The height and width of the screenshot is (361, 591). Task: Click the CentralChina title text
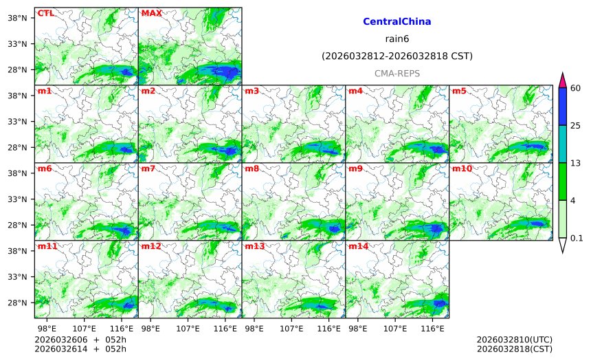tap(397, 22)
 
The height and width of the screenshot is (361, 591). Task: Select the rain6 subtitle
tap(397, 39)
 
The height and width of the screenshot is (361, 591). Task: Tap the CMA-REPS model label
tap(397, 73)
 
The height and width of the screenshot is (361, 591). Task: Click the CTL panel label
tap(46, 13)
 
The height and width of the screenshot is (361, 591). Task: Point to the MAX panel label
tap(151, 13)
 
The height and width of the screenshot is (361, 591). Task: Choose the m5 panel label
tap(459, 91)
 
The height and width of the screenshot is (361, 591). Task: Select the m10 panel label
tap(462, 168)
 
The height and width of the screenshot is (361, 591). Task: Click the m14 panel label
tap(358, 246)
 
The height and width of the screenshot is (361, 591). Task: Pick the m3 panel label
tap(252, 91)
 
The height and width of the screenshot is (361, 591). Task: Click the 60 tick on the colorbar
tap(575, 88)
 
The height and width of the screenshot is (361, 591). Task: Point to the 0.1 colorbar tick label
tap(577, 238)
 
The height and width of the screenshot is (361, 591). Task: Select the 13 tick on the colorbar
tap(575, 162)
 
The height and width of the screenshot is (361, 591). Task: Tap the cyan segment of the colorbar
tap(562, 144)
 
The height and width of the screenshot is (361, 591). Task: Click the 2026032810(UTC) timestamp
tap(514, 340)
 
